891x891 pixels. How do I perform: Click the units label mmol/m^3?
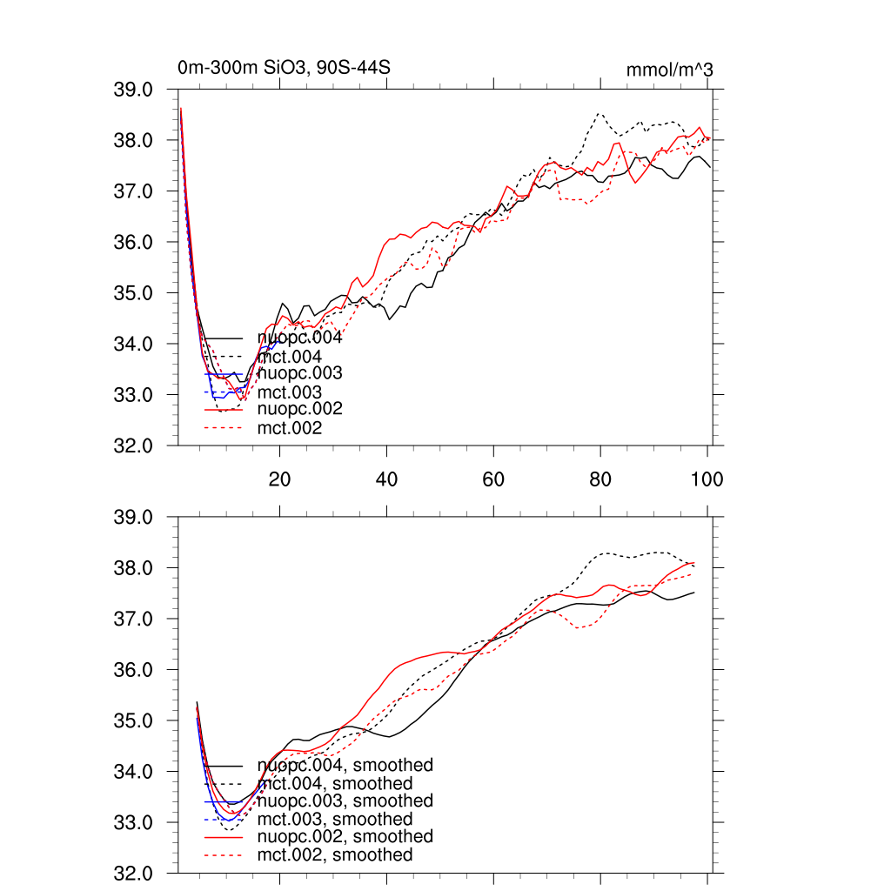click(669, 70)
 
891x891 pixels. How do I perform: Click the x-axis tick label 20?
click(279, 479)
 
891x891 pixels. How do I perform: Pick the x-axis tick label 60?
click(493, 479)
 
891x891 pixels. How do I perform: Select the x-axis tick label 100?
click(707, 479)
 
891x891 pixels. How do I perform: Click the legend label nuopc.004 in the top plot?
click(299, 338)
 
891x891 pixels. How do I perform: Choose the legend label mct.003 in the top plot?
click(289, 392)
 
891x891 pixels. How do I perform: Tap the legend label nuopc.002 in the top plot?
click(299, 409)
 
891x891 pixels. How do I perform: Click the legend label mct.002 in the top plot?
click(289, 428)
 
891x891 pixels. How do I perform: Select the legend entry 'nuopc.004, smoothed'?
click(345, 766)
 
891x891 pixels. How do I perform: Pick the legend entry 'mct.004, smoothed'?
click(335, 784)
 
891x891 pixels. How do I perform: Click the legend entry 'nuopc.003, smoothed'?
click(345, 801)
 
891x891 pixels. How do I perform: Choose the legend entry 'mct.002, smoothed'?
click(335, 855)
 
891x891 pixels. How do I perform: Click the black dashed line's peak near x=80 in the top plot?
click(600, 113)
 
